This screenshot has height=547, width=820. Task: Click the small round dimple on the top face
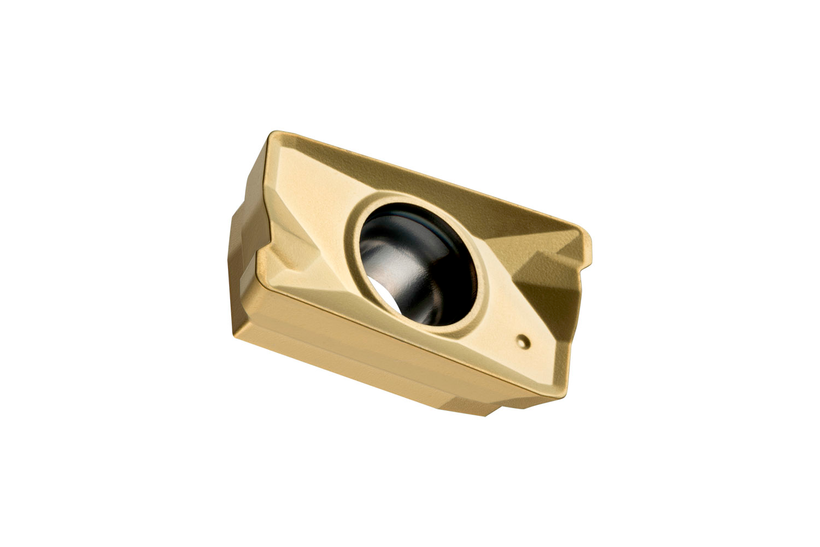523,340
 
